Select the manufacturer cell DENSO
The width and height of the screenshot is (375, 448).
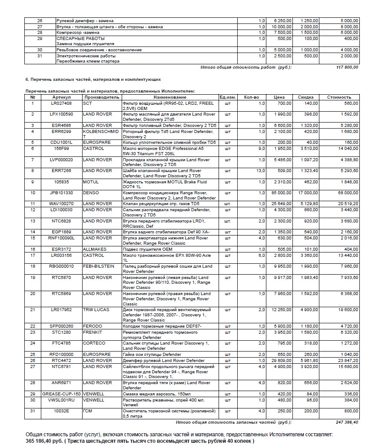tap(91, 192)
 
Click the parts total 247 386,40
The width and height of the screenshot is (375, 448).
tap(346, 422)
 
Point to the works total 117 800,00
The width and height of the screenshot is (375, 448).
tap(347, 67)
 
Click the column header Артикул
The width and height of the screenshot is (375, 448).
tap(61, 97)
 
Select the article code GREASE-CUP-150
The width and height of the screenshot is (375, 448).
tap(61, 394)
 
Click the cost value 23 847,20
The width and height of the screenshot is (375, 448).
tap(347, 361)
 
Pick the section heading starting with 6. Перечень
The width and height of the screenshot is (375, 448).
tap(93, 80)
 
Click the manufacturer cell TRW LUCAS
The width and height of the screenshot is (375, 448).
tap(96, 310)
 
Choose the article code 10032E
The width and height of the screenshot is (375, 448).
tap(61, 411)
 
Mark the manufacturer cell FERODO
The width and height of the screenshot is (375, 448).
tap(93, 326)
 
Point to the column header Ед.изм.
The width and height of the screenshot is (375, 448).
tap(228, 97)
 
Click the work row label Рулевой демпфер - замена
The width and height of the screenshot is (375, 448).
tap(85, 21)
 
